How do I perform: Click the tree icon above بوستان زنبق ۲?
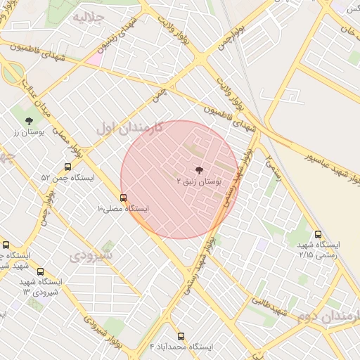[x=198, y=169]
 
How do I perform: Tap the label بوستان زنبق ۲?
[x=199, y=181]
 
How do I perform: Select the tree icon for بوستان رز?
[x=28, y=120]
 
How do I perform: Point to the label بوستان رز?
[x=29, y=131]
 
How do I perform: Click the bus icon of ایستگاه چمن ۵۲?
[x=67, y=167]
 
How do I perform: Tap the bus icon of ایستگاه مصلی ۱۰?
[x=124, y=198]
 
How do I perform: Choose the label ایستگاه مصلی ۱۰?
[x=124, y=209]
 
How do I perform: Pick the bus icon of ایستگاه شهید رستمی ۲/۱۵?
[x=319, y=234]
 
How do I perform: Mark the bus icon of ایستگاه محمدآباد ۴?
[x=181, y=336]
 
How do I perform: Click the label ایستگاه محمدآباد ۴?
[x=181, y=347]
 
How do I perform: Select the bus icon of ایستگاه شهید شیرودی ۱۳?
[x=39, y=271]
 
